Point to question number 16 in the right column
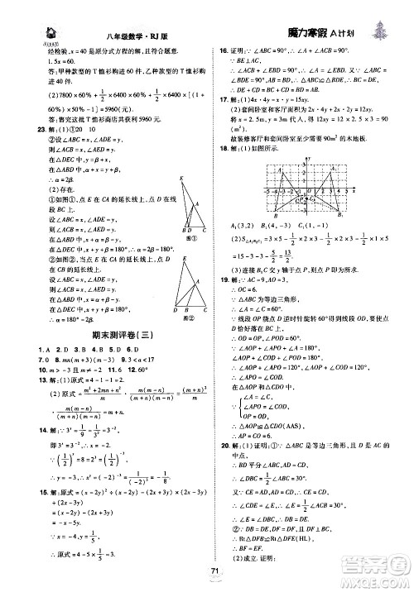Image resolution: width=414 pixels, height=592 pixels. pyautogui.click(x=221, y=50)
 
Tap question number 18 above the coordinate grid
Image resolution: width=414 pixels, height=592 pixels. pyautogui.click(x=221, y=150)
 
